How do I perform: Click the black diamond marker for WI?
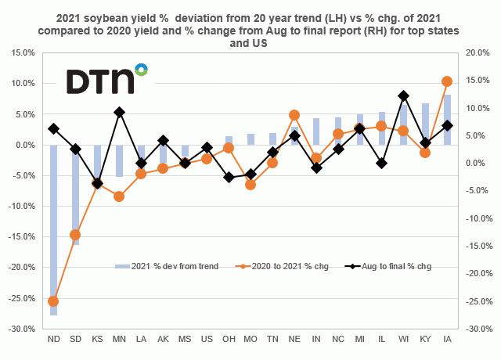403,95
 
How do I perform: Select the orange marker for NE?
294,115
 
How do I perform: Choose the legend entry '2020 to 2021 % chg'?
278,266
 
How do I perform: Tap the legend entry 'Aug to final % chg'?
395,266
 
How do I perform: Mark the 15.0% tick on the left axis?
23,52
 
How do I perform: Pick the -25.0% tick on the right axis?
476,301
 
